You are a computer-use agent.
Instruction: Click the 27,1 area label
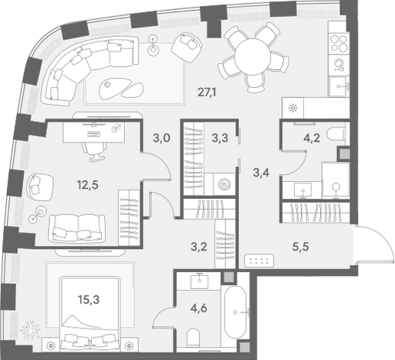coord(207,92)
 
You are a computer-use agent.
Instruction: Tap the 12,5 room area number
coord(88,184)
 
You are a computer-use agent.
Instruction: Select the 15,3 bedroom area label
coord(89,299)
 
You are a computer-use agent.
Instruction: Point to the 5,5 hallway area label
coord(301,247)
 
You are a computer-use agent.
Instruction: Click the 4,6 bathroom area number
coord(198,308)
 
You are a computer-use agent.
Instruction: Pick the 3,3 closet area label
coord(220,138)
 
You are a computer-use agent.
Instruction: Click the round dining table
coord(252,56)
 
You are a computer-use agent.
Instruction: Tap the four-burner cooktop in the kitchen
coord(339,43)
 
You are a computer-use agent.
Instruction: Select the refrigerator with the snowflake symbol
coord(292,108)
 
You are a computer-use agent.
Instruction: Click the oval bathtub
coord(235,312)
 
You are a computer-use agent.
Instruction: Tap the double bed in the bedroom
coord(89,314)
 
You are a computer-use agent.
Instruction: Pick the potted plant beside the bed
coord(30,329)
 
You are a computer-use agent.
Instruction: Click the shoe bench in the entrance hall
coord(259,261)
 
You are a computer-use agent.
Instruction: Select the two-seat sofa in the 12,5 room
coord(77,228)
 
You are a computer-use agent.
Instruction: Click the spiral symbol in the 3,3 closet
coord(225,183)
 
